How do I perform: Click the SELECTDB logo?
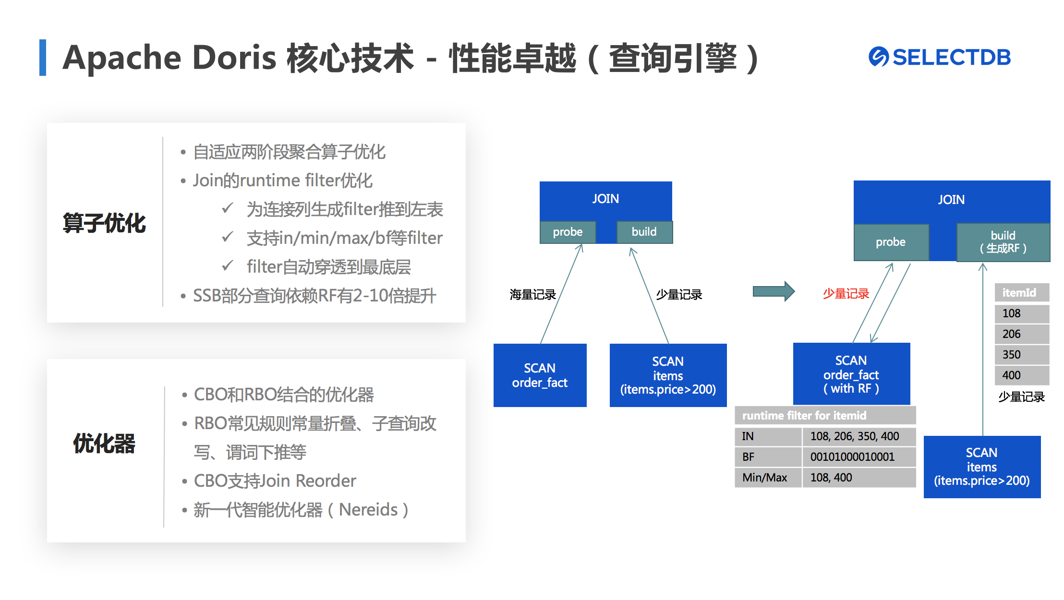[x=939, y=57]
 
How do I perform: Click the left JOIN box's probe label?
[x=568, y=232]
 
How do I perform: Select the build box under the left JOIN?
[x=644, y=232]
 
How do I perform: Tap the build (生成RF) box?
[x=1003, y=242]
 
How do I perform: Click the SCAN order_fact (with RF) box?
[x=851, y=374]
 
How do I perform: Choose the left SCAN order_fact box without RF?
[x=540, y=375]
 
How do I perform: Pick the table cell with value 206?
[x=1021, y=334]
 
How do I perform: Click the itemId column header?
[x=1021, y=293]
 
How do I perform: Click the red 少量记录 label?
[x=846, y=294]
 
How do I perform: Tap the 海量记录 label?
[x=532, y=295]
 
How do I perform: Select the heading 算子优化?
[x=104, y=224]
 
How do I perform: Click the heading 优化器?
[x=104, y=444]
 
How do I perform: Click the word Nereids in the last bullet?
[x=368, y=510]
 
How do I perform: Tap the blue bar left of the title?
[x=43, y=58]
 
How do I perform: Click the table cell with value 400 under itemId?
[x=1021, y=375]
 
